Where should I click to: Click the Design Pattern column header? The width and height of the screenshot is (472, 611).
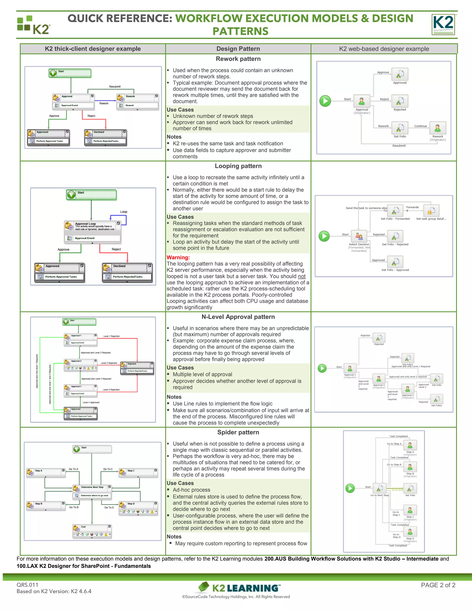[238, 49]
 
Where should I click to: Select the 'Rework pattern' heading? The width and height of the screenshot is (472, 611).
[238, 59]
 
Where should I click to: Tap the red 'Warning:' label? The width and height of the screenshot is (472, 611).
[178, 257]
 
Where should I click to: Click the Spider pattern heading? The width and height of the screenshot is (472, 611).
[238, 432]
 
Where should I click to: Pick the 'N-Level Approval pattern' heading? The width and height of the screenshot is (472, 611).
[238, 317]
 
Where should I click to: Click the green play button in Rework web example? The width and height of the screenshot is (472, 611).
[325, 101]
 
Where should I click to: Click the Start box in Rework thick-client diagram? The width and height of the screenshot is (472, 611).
[70, 73]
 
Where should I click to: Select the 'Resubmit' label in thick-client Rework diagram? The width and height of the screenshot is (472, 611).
[115, 87]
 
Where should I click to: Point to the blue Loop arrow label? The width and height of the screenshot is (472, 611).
[124, 212]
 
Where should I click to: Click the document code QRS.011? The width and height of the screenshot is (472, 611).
[27, 585]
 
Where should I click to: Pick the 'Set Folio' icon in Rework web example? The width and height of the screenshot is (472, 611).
[400, 128]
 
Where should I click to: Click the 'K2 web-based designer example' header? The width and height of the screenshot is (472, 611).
[384, 49]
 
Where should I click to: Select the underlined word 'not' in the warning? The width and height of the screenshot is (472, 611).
[302, 276]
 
